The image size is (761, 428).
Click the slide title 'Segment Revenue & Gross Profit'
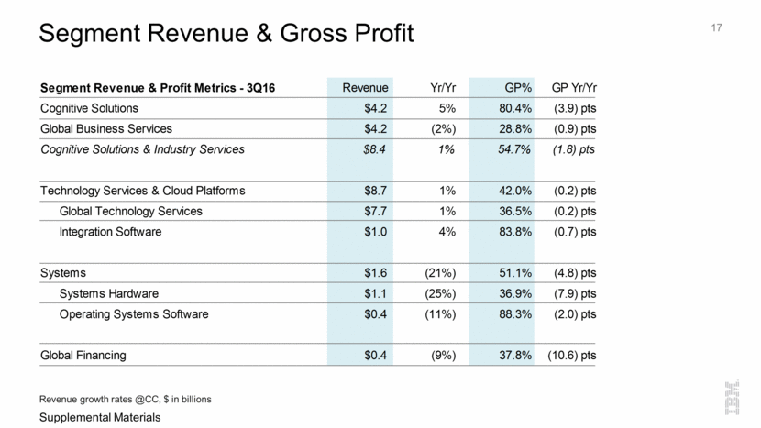(226, 35)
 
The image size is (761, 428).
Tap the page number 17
(717, 28)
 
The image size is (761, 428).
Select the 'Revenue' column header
(365, 88)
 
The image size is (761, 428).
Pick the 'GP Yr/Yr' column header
(574, 88)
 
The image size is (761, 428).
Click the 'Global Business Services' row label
(106, 128)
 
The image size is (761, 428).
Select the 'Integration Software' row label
(110, 232)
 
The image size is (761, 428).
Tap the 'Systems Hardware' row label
(109, 293)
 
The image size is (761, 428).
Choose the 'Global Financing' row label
(83, 355)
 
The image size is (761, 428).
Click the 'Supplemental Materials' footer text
(95, 417)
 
